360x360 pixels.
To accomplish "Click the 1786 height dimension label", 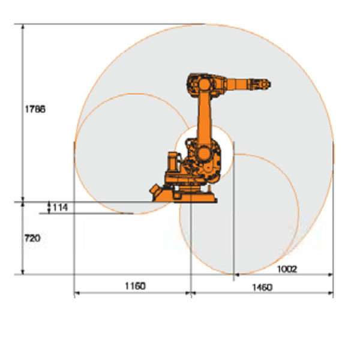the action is [x=35, y=109].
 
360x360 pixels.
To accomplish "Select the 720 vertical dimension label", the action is [x=32, y=238].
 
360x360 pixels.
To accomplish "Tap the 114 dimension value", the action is [x=61, y=208].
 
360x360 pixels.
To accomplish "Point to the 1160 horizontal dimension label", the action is [x=135, y=286].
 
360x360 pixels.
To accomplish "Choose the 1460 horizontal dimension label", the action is [x=262, y=287].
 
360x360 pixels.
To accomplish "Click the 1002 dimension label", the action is [x=287, y=269].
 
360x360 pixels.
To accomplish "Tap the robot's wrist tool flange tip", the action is [x=269, y=84].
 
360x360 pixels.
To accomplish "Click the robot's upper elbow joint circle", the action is [x=205, y=85].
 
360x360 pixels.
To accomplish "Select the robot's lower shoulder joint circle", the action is [x=203, y=154].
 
